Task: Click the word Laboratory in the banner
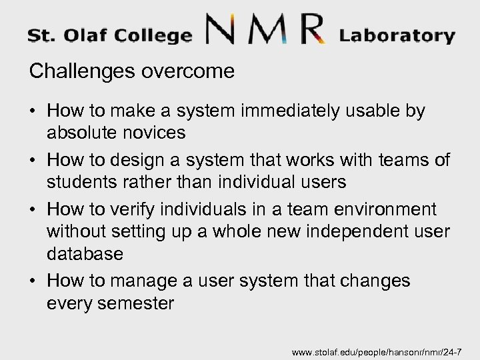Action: (397, 35)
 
